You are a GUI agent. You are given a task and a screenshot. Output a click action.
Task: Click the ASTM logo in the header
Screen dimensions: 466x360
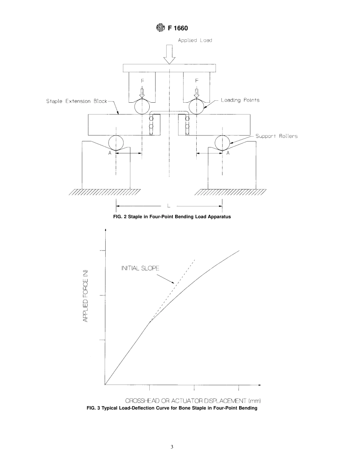[160, 28]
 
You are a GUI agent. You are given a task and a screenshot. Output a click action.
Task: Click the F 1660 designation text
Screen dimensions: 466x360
[178, 28]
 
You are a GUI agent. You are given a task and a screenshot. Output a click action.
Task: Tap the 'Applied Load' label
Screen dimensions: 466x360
[195, 41]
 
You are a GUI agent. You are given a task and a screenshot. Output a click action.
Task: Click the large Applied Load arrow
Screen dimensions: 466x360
[169, 54]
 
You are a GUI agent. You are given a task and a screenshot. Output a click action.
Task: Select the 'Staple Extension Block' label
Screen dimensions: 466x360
[77, 101]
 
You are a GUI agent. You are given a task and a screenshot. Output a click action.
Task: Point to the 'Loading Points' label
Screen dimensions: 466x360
[240, 100]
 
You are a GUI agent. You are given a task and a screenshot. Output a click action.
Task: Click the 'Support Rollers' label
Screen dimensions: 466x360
[276, 136]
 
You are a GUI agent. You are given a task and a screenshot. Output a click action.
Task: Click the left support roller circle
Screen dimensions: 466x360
[116, 143]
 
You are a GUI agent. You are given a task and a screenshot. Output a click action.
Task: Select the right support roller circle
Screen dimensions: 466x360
[222, 143]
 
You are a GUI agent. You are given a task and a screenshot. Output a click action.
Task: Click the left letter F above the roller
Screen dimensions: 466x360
[142, 81]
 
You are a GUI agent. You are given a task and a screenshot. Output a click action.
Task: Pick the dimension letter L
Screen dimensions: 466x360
[169, 206]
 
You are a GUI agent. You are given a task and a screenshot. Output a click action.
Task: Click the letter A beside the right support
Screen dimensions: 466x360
[228, 153]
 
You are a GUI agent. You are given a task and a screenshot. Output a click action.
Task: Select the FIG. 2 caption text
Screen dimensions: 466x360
[169, 217]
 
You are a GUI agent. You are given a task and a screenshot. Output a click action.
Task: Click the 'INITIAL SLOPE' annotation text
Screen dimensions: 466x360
[140, 268]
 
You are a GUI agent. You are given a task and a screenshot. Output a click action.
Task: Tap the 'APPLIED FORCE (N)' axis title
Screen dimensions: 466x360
[86, 299]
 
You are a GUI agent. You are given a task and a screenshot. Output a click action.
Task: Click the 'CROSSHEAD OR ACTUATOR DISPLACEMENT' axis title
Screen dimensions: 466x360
[193, 401]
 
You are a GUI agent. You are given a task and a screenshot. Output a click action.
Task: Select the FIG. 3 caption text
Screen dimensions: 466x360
[172, 408]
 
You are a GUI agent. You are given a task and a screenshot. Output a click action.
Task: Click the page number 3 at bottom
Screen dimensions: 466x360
[172, 447]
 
